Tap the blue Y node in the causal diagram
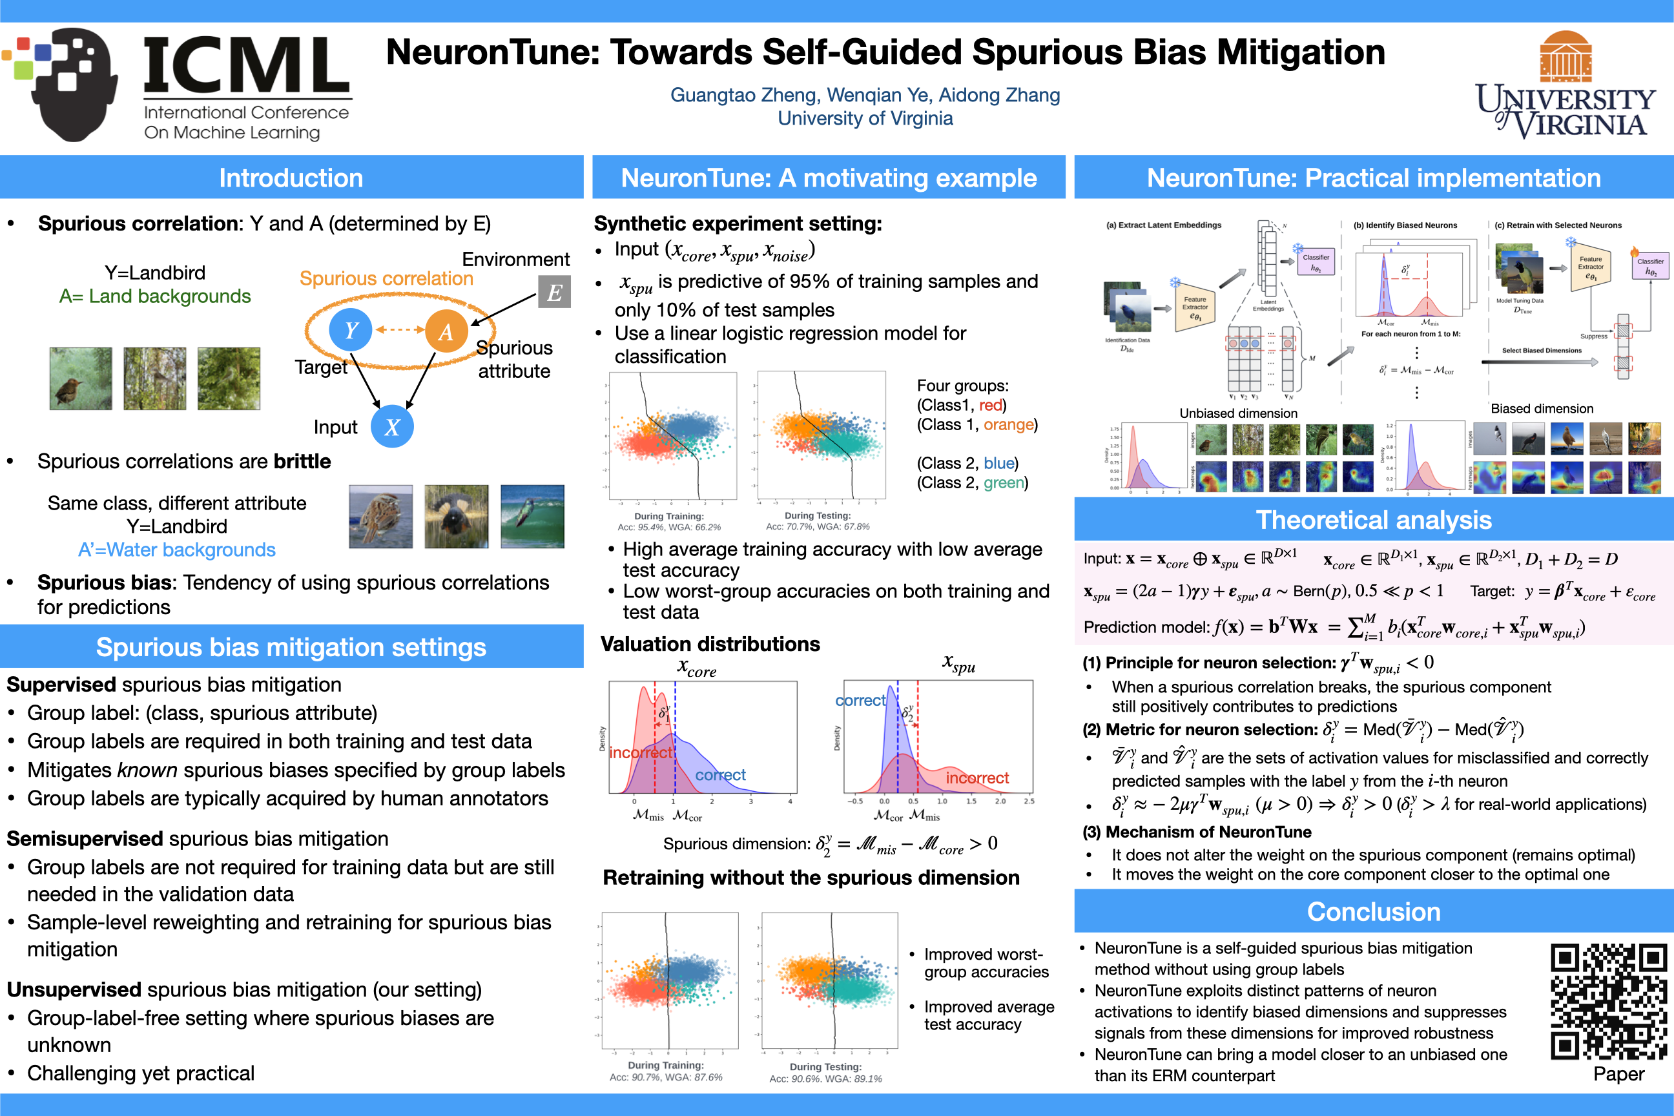[350, 329]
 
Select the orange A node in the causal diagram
[446, 331]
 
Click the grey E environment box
[554, 292]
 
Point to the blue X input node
[392, 426]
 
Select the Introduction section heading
[291, 178]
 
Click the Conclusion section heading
[1374, 912]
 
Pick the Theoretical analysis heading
[1374, 519]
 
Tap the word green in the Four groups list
[1004, 482]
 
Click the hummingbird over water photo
[532, 517]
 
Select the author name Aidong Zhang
[999, 96]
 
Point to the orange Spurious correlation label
[386, 278]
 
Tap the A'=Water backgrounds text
[176, 550]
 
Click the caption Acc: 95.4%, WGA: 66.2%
[669, 528]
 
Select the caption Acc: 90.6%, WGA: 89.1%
[825, 1079]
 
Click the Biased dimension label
[1542, 409]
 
